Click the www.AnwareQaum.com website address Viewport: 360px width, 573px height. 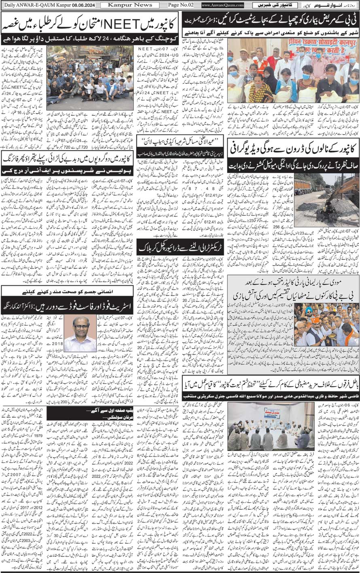tap(222, 5)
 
